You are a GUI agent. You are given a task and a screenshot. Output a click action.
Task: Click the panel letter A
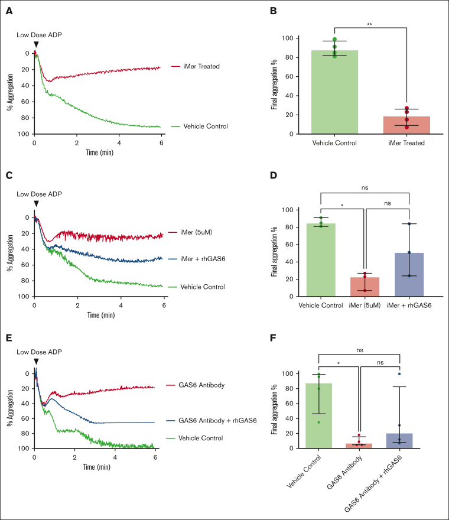click(8, 8)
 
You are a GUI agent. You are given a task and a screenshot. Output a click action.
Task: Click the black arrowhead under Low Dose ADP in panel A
click(36, 44)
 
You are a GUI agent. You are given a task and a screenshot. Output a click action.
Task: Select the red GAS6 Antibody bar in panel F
click(359, 446)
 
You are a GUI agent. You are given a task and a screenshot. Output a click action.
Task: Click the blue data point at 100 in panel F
click(400, 373)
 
